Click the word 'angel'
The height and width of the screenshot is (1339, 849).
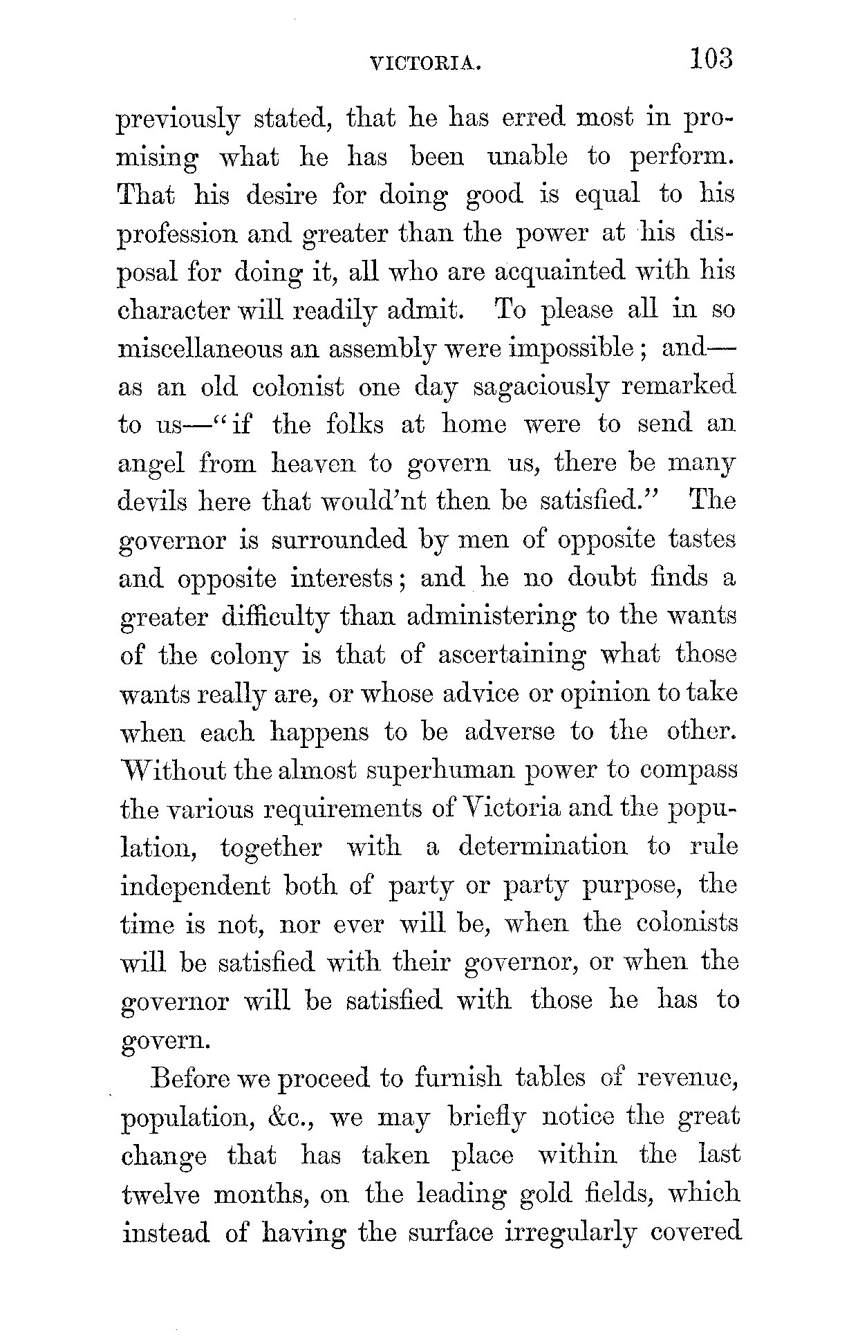coord(151,464)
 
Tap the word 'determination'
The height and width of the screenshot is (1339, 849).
coord(543,847)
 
